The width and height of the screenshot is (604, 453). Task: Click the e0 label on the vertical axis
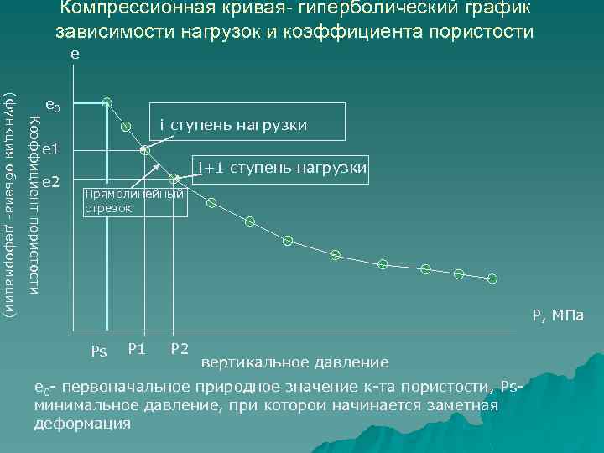coord(53,106)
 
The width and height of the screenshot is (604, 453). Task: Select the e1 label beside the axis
coord(50,149)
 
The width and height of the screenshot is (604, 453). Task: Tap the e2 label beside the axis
coord(50,180)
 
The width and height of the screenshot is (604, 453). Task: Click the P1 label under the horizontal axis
coord(137,348)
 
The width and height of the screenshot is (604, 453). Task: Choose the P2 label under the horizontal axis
coord(179,348)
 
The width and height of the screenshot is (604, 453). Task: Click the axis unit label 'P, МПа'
coord(556,316)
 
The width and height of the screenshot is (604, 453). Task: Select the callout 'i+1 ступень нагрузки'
coord(282,168)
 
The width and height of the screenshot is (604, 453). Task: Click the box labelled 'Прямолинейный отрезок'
coord(134,201)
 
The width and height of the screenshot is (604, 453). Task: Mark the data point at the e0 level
coord(107,102)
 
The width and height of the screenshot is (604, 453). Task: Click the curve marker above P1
coord(144,151)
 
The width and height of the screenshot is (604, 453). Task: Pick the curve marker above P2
coord(174,179)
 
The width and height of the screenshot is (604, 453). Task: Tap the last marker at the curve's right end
coord(492,279)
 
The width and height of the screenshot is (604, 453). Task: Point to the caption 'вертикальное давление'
coord(295,362)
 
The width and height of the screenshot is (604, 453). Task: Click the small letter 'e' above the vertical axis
coord(75,53)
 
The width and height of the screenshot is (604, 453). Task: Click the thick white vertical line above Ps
coord(106,218)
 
